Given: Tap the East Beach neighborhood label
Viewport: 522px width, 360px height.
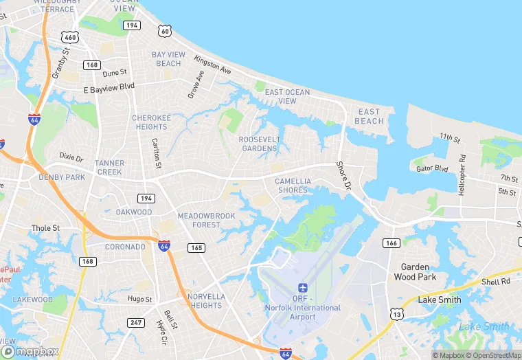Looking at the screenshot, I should click(x=369, y=116).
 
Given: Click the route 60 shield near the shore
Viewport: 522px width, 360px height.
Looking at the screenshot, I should click(x=163, y=31).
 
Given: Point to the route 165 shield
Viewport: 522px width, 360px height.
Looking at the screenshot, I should click(x=196, y=247).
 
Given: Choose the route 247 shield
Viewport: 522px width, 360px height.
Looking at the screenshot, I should click(x=137, y=322).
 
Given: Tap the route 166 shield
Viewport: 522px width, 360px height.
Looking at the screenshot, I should click(x=391, y=243).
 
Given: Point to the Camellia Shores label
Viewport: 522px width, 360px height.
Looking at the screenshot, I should click(x=293, y=185).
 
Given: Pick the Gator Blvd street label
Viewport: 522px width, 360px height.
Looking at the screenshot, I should click(x=432, y=168).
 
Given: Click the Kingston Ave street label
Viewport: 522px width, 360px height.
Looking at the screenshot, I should click(x=212, y=65).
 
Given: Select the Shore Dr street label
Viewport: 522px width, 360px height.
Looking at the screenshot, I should click(x=343, y=176).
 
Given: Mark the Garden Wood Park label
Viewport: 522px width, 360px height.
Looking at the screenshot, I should click(x=415, y=272).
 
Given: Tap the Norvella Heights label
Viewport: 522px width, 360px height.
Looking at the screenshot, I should click(x=206, y=301).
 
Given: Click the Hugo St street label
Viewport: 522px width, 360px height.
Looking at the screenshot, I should click(x=139, y=299).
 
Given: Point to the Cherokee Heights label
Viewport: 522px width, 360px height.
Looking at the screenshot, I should click(x=150, y=122).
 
